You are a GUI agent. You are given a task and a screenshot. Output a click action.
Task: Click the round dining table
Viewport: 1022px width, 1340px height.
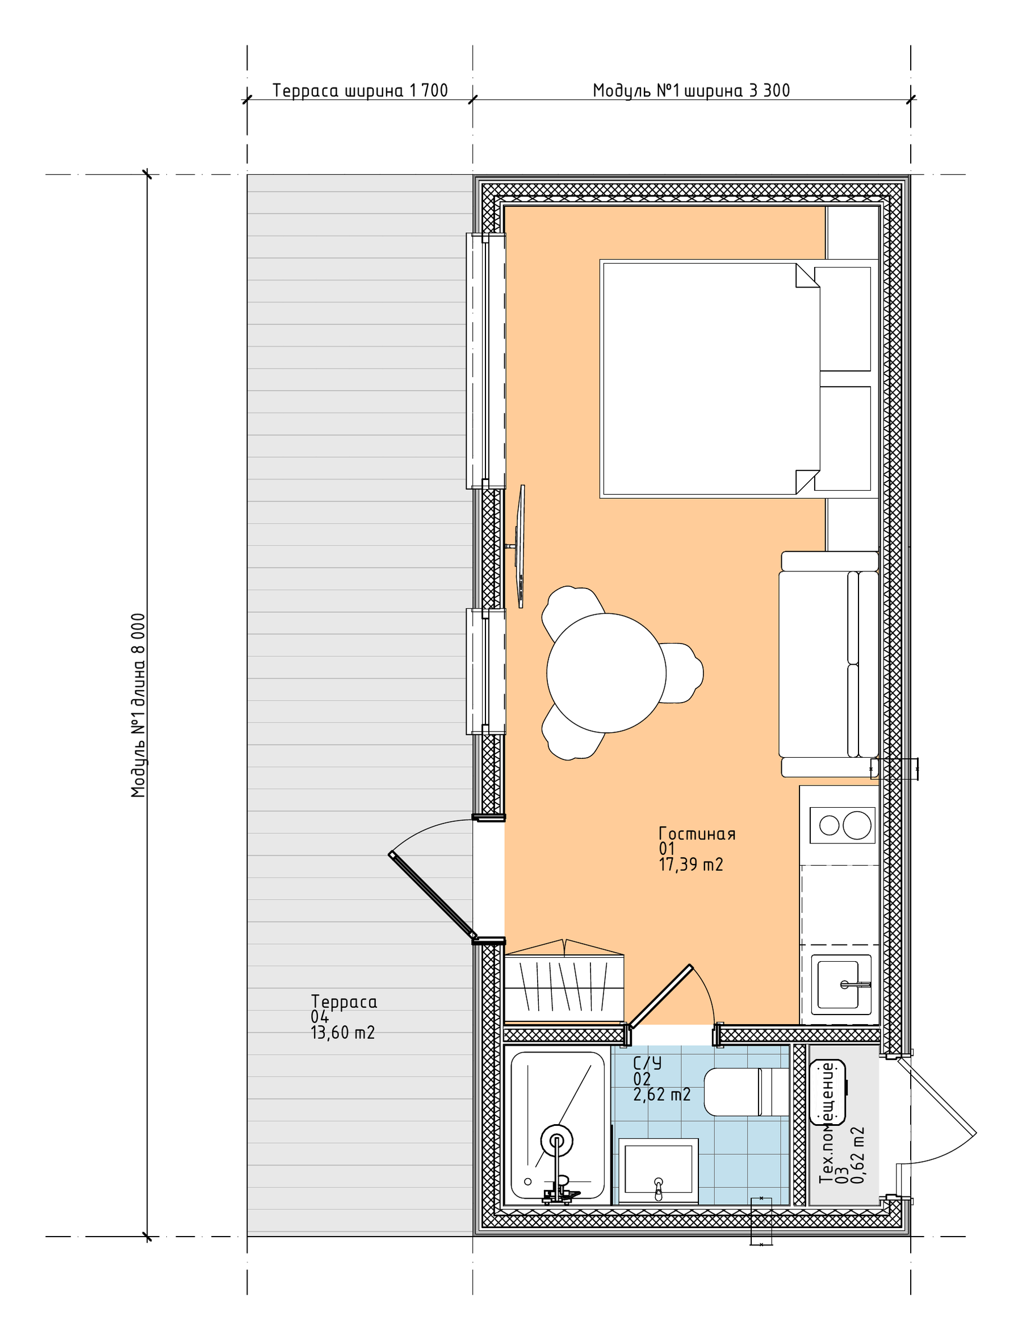pos(606,673)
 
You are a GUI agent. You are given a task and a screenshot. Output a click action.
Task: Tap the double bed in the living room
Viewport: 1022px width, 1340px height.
pos(709,378)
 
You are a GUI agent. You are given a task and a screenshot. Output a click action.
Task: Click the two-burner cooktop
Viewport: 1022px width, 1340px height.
pos(843,825)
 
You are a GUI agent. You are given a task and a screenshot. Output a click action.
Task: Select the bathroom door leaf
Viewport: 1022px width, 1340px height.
pos(660,996)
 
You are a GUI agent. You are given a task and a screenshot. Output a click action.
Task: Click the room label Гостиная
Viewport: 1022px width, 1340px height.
pos(697,834)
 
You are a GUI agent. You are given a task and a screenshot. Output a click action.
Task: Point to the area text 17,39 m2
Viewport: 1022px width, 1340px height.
pos(691,865)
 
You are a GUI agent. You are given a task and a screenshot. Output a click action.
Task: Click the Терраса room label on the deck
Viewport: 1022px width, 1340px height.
pos(344,1001)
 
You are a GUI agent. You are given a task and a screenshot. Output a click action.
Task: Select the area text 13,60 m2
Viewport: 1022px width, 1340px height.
pos(342,1033)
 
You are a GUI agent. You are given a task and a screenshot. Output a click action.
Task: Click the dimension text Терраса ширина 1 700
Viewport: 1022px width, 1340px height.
pos(360,91)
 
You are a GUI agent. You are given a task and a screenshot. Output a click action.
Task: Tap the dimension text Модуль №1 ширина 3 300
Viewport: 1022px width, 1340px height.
pos(691,91)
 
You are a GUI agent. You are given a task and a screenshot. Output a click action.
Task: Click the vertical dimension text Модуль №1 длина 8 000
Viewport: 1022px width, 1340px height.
pos(139,706)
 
